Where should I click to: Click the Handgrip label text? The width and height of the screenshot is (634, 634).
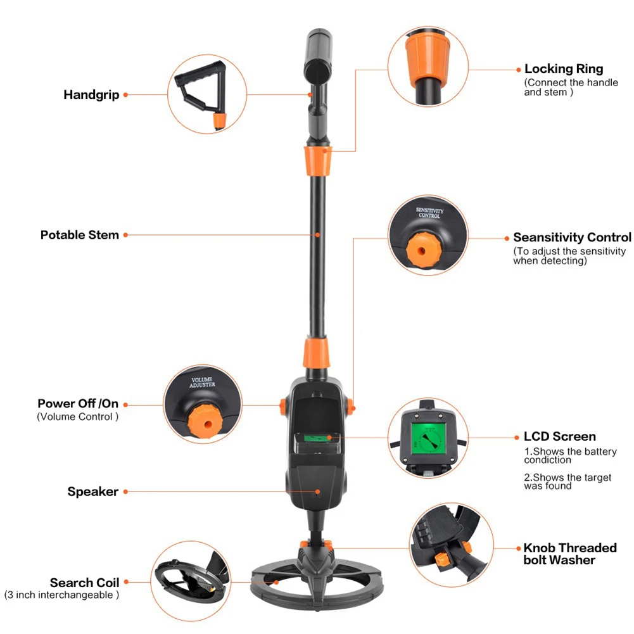point(91,95)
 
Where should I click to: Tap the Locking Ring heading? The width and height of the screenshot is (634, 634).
point(564,69)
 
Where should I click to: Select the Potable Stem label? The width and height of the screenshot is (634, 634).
point(80,235)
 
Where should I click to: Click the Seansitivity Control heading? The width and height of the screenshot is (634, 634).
point(572,238)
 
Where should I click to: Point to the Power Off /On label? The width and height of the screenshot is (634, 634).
point(78,403)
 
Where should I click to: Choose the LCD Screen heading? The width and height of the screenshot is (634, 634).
point(559,436)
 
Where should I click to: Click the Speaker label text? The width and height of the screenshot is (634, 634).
point(93,491)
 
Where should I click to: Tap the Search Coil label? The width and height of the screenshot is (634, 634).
point(84,583)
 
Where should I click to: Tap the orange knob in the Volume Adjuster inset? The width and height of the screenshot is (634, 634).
point(203,419)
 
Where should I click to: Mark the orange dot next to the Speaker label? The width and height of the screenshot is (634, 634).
point(125,491)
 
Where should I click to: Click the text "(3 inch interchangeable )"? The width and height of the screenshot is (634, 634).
point(61,595)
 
